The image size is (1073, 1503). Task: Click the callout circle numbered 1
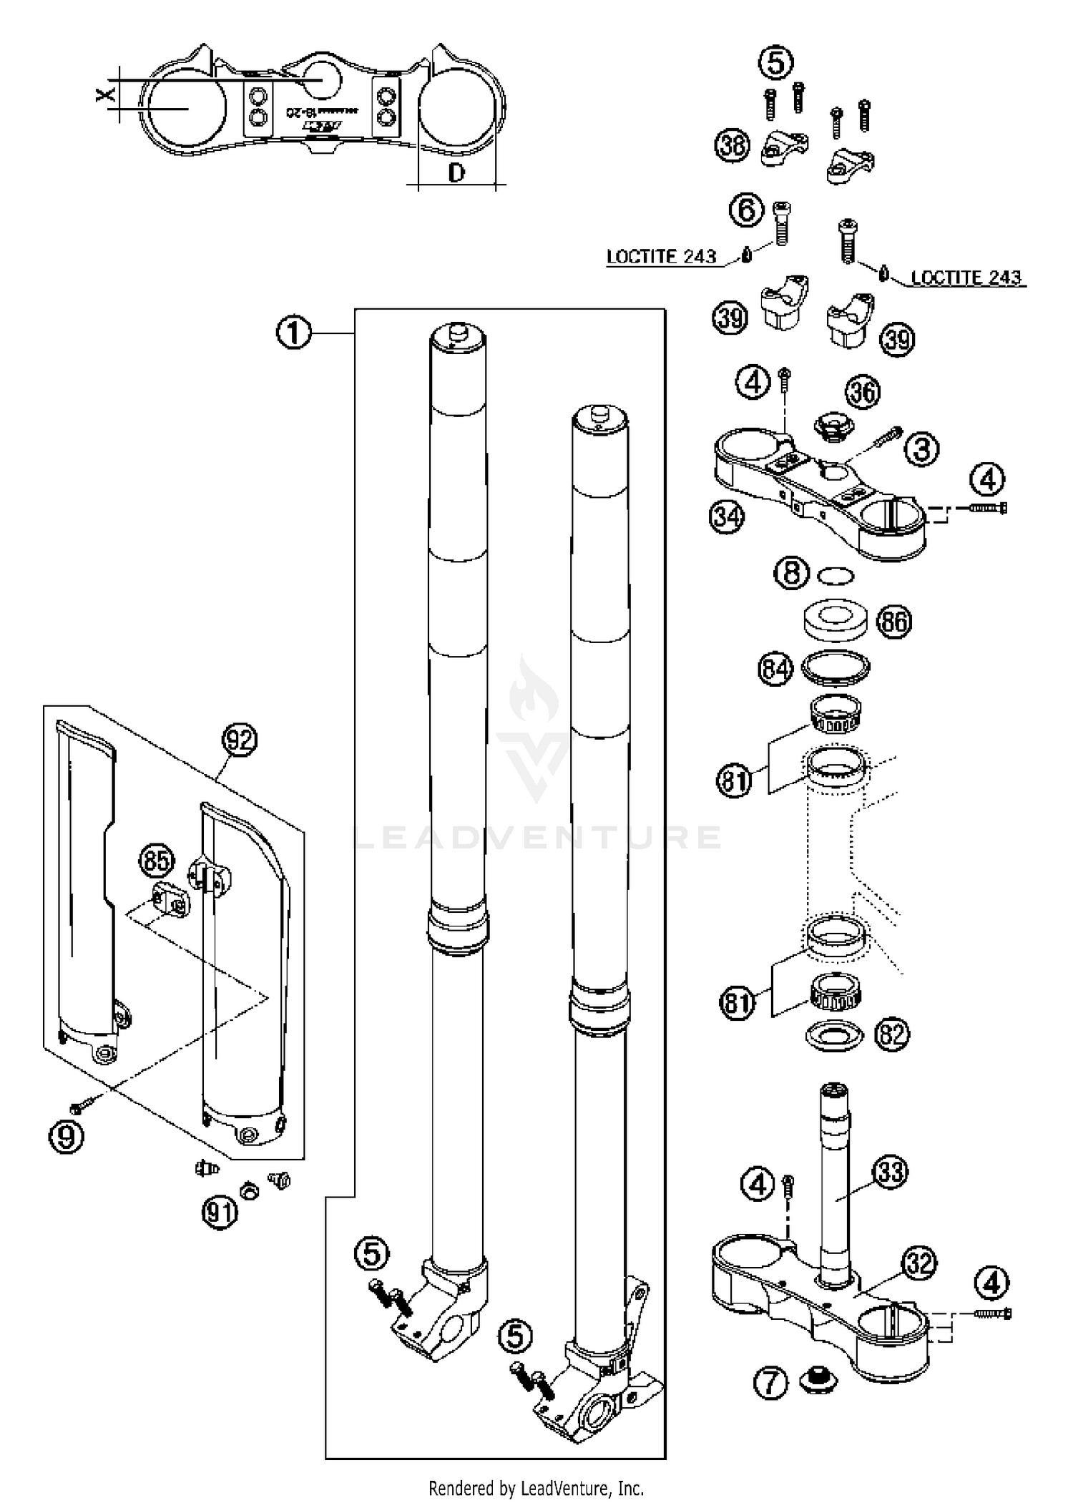(x=294, y=333)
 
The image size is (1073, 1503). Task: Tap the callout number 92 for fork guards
(x=239, y=739)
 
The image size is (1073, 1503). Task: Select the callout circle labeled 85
(x=157, y=861)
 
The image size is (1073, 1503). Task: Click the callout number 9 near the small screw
(x=66, y=1136)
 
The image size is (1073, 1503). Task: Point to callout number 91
(x=220, y=1213)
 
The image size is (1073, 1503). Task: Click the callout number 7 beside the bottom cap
(x=771, y=1384)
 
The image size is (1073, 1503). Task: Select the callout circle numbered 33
(x=891, y=1172)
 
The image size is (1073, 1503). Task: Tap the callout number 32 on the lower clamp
(x=919, y=1264)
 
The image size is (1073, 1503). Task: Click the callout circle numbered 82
(x=891, y=1034)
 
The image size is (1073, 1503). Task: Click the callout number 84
(x=775, y=670)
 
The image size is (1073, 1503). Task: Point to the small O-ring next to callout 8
(x=836, y=574)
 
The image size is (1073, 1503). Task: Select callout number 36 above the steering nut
(x=863, y=392)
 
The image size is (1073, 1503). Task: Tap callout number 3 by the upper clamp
(x=922, y=450)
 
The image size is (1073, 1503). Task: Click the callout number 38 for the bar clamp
(x=732, y=146)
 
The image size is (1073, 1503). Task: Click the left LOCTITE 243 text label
(x=661, y=257)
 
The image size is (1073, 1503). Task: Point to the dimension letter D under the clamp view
(x=456, y=172)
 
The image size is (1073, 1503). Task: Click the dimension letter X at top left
(x=105, y=94)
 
